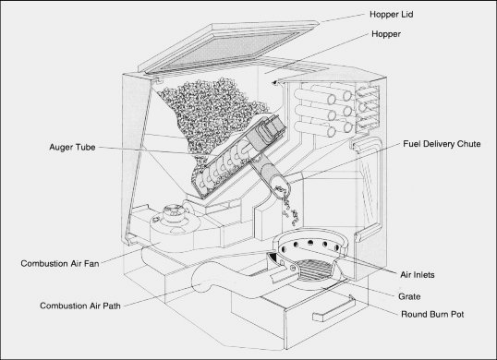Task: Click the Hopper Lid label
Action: [391, 15]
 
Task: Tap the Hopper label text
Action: [386, 34]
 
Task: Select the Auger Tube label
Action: [72, 147]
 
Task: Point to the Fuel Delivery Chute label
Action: [442, 144]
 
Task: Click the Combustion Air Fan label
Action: [60, 263]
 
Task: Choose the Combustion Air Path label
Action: [80, 306]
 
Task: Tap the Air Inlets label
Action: [418, 275]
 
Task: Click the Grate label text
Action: [409, 296]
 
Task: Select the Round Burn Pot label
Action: [432, 315]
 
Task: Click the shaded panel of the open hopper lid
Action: [225, 51]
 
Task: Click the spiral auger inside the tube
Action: [222, 164]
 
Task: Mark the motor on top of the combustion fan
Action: [173, 213]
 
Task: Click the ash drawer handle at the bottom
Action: [333, 309]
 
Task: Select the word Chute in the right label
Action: [468, 144]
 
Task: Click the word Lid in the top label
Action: [407, 15]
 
